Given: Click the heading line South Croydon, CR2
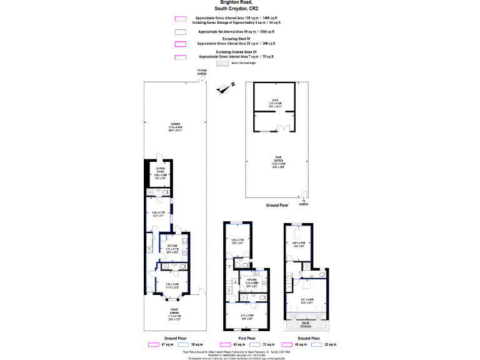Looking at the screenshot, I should (x=240, y=9).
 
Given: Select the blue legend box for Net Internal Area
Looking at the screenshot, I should (x=181, y=31).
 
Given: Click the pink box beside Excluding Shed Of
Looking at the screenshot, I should (x=181, y=44).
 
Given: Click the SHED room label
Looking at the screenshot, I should (x=275, y=100).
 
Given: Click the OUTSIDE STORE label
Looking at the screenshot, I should (x=161, y=169).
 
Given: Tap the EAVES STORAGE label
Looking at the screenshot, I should (x=305, y=324).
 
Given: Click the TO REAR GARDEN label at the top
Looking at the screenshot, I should (x=202, y=72).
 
